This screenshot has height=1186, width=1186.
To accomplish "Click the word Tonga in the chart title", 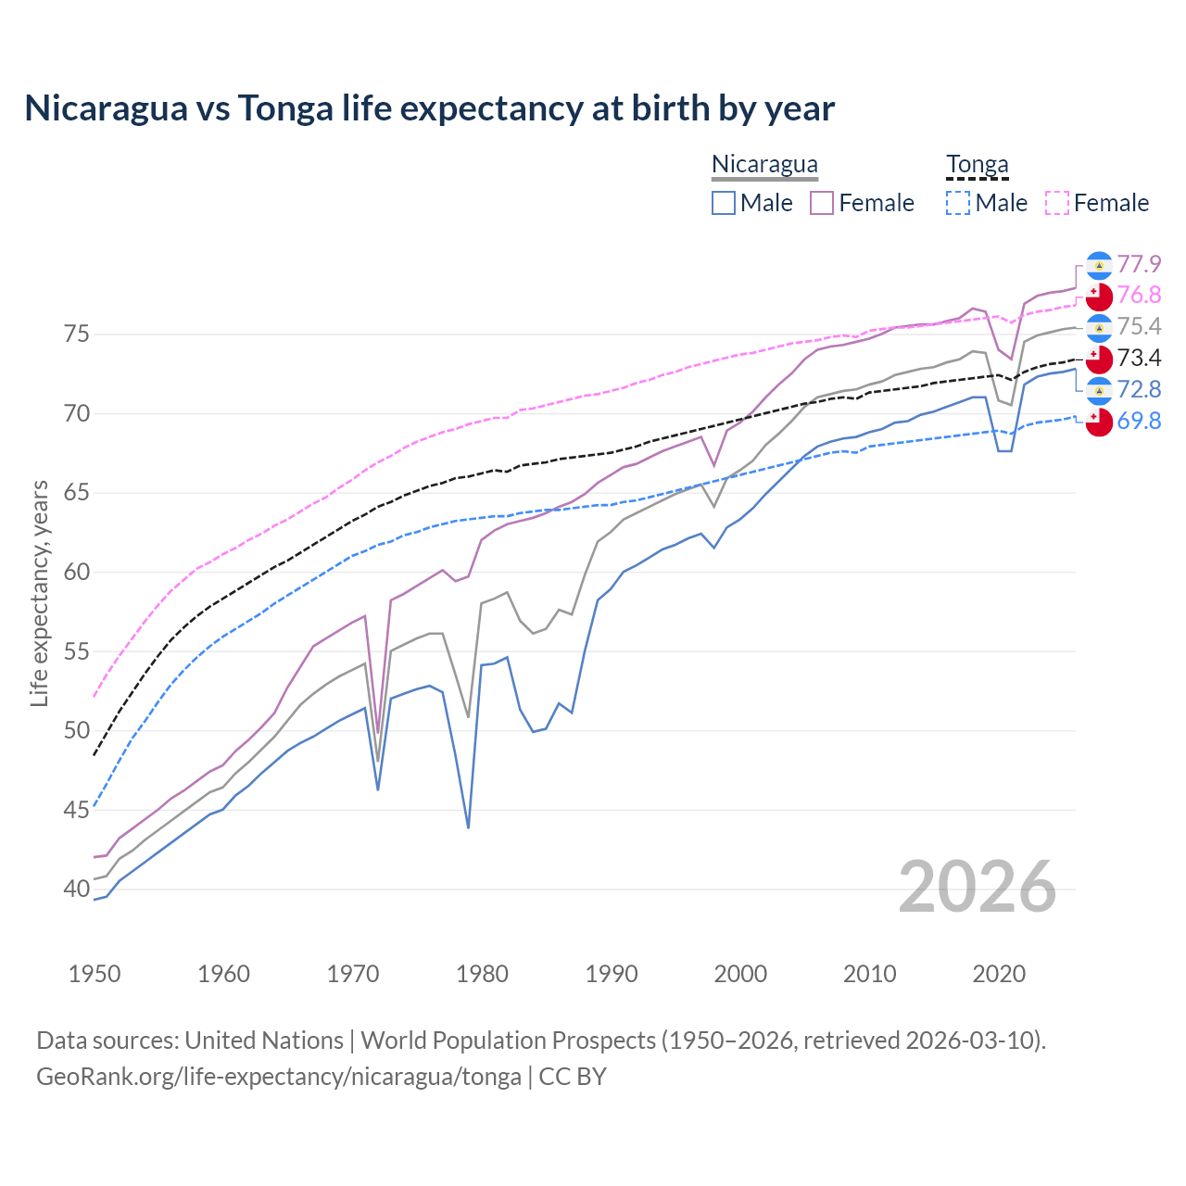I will tap(284, 108).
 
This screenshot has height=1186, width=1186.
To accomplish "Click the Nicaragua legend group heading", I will tap(764, 165).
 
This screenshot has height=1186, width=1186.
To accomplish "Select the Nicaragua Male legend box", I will tap(724, 203).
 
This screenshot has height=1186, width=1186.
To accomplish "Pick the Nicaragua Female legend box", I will tap(822, 203).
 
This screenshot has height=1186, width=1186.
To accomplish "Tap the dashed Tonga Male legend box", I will tap(958, 203).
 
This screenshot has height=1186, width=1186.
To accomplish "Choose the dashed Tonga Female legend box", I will tap(1057, 203).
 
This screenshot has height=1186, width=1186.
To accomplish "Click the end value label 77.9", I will tap(1139, 265).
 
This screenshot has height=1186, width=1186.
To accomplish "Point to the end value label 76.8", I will tap(1139, 296).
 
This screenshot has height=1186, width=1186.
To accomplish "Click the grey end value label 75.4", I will tap(1139, 327).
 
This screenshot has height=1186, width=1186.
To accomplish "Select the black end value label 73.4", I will tap(1139, 359).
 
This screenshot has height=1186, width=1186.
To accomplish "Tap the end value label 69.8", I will tap(1139, 422).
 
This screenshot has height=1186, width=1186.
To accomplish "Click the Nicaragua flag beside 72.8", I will tap(1099, 390).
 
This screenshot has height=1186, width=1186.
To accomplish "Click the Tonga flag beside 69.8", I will tap(1099, 422).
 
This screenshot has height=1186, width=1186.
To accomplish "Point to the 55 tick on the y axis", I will tap(77, 651).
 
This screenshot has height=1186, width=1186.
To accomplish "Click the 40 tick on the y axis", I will tap(77, 889).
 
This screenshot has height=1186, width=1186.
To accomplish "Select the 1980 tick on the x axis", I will tap(482, 974).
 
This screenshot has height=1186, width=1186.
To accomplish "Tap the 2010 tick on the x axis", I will tap(869, 974).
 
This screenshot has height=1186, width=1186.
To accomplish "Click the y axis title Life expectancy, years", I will tap(39, 593).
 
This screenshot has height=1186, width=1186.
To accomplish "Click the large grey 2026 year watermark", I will tap(977, 888).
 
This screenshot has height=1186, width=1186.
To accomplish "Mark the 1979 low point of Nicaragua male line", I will tap(468, 827).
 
